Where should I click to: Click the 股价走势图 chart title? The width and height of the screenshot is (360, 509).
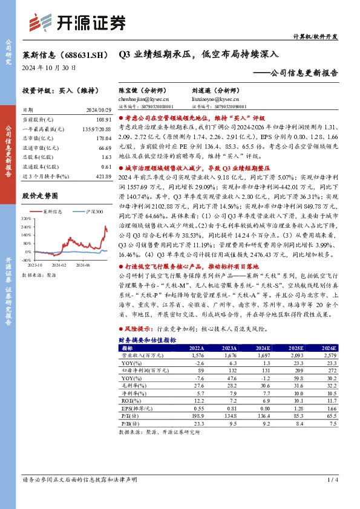pyautogui.click(x=39, y=196)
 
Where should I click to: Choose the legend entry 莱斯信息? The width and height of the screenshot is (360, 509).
pyautogui.click(x=53, y=212)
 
